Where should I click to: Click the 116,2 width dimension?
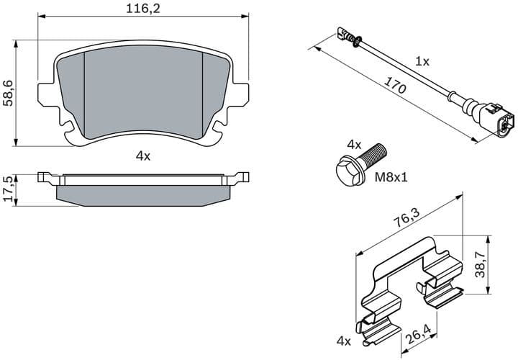pos(142,9)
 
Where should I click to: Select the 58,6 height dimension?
pos(8,93)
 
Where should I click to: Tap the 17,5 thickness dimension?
pos(8,189)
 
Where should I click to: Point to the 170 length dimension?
pos(394,86)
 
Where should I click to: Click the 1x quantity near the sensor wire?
pos(422,62)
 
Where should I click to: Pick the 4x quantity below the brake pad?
pos(142,156)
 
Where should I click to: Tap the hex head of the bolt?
pos(347,170)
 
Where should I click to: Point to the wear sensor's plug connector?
pos(498,120)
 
